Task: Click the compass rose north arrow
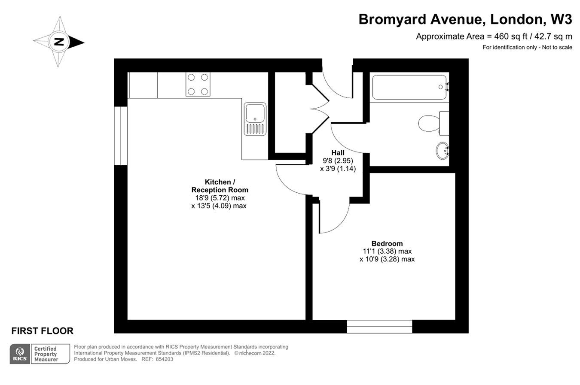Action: coord(59,42)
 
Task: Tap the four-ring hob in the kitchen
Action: coord(198,84)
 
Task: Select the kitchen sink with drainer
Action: coord(255,119)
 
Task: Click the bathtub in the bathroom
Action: coord(409,87)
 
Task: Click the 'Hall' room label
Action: coord(338,153)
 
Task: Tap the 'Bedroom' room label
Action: coord(387,243)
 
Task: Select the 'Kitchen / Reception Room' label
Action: coord(220,186)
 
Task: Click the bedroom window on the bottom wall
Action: coord(379,327)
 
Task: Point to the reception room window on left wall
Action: coord(121,136)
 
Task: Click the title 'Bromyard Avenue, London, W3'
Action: coord(465,20)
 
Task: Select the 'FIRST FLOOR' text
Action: coord(42,331)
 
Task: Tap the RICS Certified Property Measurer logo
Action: coord(40,354)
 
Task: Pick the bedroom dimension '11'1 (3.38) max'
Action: coord(387,251)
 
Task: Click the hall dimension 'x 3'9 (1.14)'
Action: coord(338,169)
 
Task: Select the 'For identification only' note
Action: coord(527,47)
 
